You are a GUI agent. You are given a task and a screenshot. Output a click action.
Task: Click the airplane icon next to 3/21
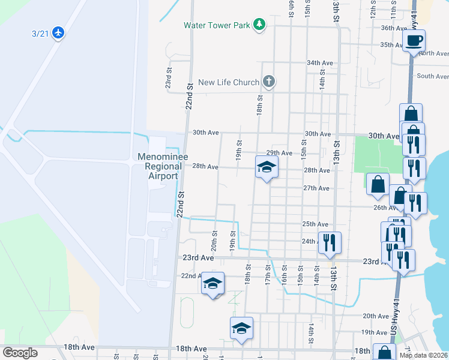click(x=58, y=32)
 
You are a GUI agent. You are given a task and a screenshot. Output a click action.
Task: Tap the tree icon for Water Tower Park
click(x=259, y=25)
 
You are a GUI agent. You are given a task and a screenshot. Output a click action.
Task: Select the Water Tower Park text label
click(x=217, y=25)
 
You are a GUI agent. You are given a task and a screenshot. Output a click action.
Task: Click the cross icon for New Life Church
click(x=269, y=82)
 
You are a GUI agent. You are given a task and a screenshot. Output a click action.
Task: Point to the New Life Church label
click(x=229, y=82)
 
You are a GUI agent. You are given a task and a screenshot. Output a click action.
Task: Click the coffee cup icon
click(x=414, y=41)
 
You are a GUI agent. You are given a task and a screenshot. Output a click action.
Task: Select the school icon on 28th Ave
click(x=267, y=167)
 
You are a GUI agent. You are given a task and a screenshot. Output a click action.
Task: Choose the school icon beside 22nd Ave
click(x=212, y=283)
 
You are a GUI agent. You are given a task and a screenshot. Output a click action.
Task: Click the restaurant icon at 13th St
click(x=330, y=242)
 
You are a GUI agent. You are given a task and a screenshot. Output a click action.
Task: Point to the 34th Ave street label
click(x=319, y=62)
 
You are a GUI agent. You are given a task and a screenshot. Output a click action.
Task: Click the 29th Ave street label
click(x=279, y=153)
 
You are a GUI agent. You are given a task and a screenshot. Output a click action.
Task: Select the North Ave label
click(x=435, y=53)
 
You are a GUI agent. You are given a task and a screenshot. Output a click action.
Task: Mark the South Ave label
click(x=433, y=76)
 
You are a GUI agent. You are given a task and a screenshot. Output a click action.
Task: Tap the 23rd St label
click(x=169, y=76)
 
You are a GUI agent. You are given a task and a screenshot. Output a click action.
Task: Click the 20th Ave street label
click(x=376, y=316)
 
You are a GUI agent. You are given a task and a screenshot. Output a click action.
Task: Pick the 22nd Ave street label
click(x=193, y=275)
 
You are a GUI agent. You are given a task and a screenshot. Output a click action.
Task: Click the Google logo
click(x=20, y=353)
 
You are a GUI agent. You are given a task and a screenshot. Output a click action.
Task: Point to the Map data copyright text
click(x=423, y=355)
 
